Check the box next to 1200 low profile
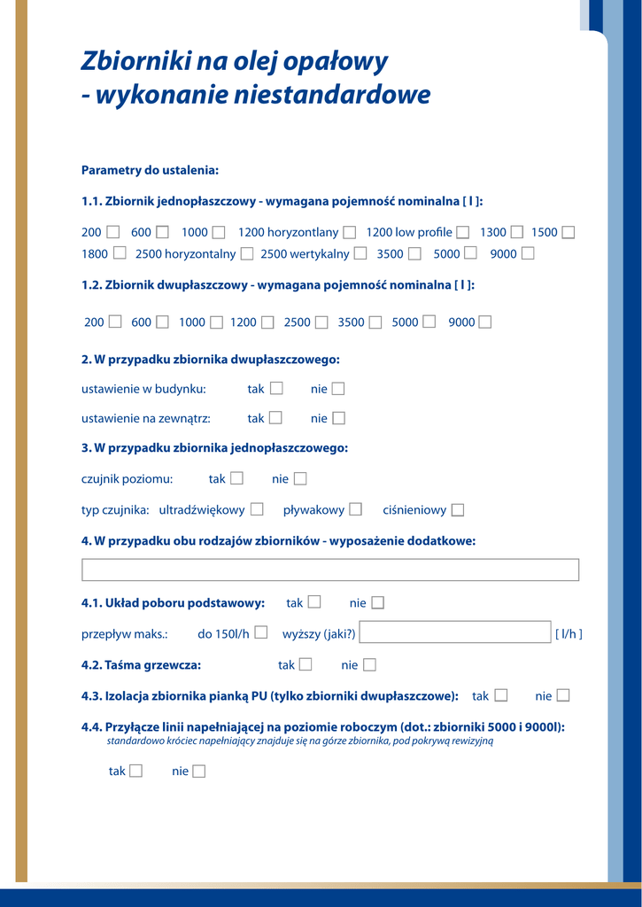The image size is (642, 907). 463,232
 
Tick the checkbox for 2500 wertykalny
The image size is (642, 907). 360,253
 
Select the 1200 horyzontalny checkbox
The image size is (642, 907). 350,232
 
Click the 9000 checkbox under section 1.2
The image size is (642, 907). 485,322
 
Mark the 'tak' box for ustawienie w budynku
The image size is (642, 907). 276,388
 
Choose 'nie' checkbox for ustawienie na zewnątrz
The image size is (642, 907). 338,418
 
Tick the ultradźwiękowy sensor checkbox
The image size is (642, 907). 257,509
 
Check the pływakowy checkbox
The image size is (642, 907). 355,509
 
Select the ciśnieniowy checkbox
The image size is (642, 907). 458,509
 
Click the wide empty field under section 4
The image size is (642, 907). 329,570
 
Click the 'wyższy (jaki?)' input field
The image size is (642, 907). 455,632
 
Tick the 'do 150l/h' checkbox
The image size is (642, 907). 261,632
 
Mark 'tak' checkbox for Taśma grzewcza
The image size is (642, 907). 306,664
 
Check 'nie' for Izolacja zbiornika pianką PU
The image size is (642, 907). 563,695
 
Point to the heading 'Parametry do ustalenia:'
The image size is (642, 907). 150,170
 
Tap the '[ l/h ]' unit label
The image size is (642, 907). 569,634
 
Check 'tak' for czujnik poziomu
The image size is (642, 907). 236,478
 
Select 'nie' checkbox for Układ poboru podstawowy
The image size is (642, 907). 378,603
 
